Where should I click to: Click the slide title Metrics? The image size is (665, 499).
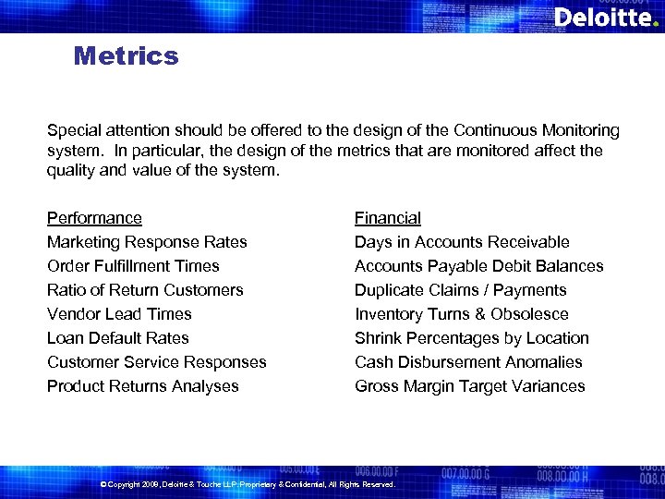[x=126, y=56]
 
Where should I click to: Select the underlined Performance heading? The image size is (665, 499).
[x=94, y=218]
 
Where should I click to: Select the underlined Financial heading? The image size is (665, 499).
[x=387, y=218]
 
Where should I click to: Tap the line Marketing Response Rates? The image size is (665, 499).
[x=147, y=242]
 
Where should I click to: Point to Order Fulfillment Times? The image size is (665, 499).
[x=133, y=266]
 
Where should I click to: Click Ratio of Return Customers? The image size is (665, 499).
[x=145, y=290]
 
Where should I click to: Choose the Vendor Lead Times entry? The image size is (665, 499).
[x=119, y=314]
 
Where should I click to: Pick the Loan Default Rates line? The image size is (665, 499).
[x=117, y=338]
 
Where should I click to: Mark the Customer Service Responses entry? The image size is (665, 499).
[x=156, y=362]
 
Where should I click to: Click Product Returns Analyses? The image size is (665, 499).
[x=142, y=386]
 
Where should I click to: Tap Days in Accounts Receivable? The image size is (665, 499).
[x=462, y=242]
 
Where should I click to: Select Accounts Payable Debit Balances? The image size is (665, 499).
[x=478, y=266]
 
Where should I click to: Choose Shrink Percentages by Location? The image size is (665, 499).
[x=471, y=338]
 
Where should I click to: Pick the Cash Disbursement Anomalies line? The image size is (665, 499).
[x=468, y=362]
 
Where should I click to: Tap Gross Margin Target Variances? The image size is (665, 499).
[x=469, y=386]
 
